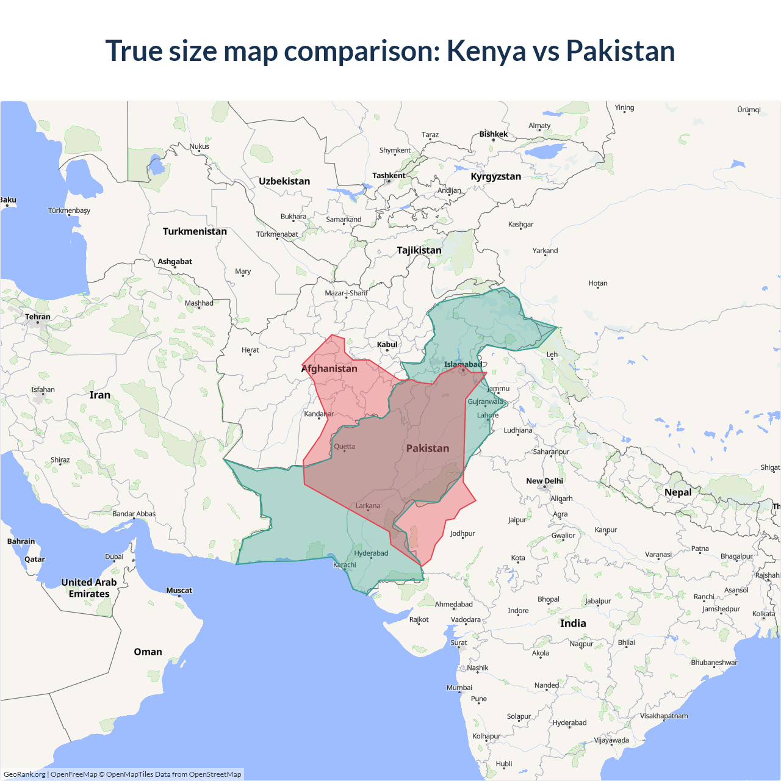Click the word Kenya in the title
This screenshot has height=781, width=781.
[x=486, y=51]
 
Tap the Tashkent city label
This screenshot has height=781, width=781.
[x=389, y=176]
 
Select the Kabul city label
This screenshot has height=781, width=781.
[x=387, y=345]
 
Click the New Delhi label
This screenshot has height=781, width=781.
[x=544, y=481]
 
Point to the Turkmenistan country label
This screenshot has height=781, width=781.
[x=195, y=231]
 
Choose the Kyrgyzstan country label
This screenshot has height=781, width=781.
[x=495, y=176]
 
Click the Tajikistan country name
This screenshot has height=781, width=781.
[x=419, y=250]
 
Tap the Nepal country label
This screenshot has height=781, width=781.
[x=678, y=492]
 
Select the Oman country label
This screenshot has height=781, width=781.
[x=148, y=652]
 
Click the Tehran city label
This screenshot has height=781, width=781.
[x=38, y=317]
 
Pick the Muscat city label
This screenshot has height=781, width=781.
[x=179, y=590]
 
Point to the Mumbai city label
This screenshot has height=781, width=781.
[x=459, y=688]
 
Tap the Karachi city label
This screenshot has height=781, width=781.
[x=345, y=565]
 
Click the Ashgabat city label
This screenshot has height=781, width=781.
[x=175, y=262]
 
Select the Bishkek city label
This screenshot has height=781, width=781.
[x=493, y=134]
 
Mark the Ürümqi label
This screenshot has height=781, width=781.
[x=749, y=110]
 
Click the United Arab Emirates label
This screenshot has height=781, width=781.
[x=89, y=588]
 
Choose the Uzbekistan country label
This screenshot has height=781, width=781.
[x=284, y=181]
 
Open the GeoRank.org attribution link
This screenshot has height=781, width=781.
[x=24, y=774]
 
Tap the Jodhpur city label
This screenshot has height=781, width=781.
[x=462, y=533]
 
